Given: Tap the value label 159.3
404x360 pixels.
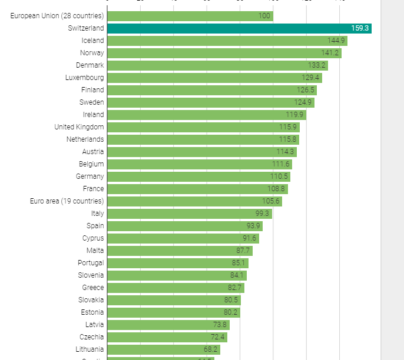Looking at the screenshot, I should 359,28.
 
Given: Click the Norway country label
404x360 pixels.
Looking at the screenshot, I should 92,53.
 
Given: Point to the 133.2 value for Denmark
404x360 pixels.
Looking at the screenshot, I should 317,65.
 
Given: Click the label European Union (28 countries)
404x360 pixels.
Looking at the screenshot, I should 57,16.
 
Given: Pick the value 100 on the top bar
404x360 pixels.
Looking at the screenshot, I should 264,16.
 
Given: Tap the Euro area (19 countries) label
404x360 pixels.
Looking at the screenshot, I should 67,201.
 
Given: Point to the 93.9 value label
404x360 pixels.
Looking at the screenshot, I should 253,226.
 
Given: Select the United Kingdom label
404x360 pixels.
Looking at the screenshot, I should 79,127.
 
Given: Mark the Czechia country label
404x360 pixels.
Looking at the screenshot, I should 91,337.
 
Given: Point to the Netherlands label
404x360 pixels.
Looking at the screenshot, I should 85,139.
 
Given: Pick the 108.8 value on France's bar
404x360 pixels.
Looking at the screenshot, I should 276,189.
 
